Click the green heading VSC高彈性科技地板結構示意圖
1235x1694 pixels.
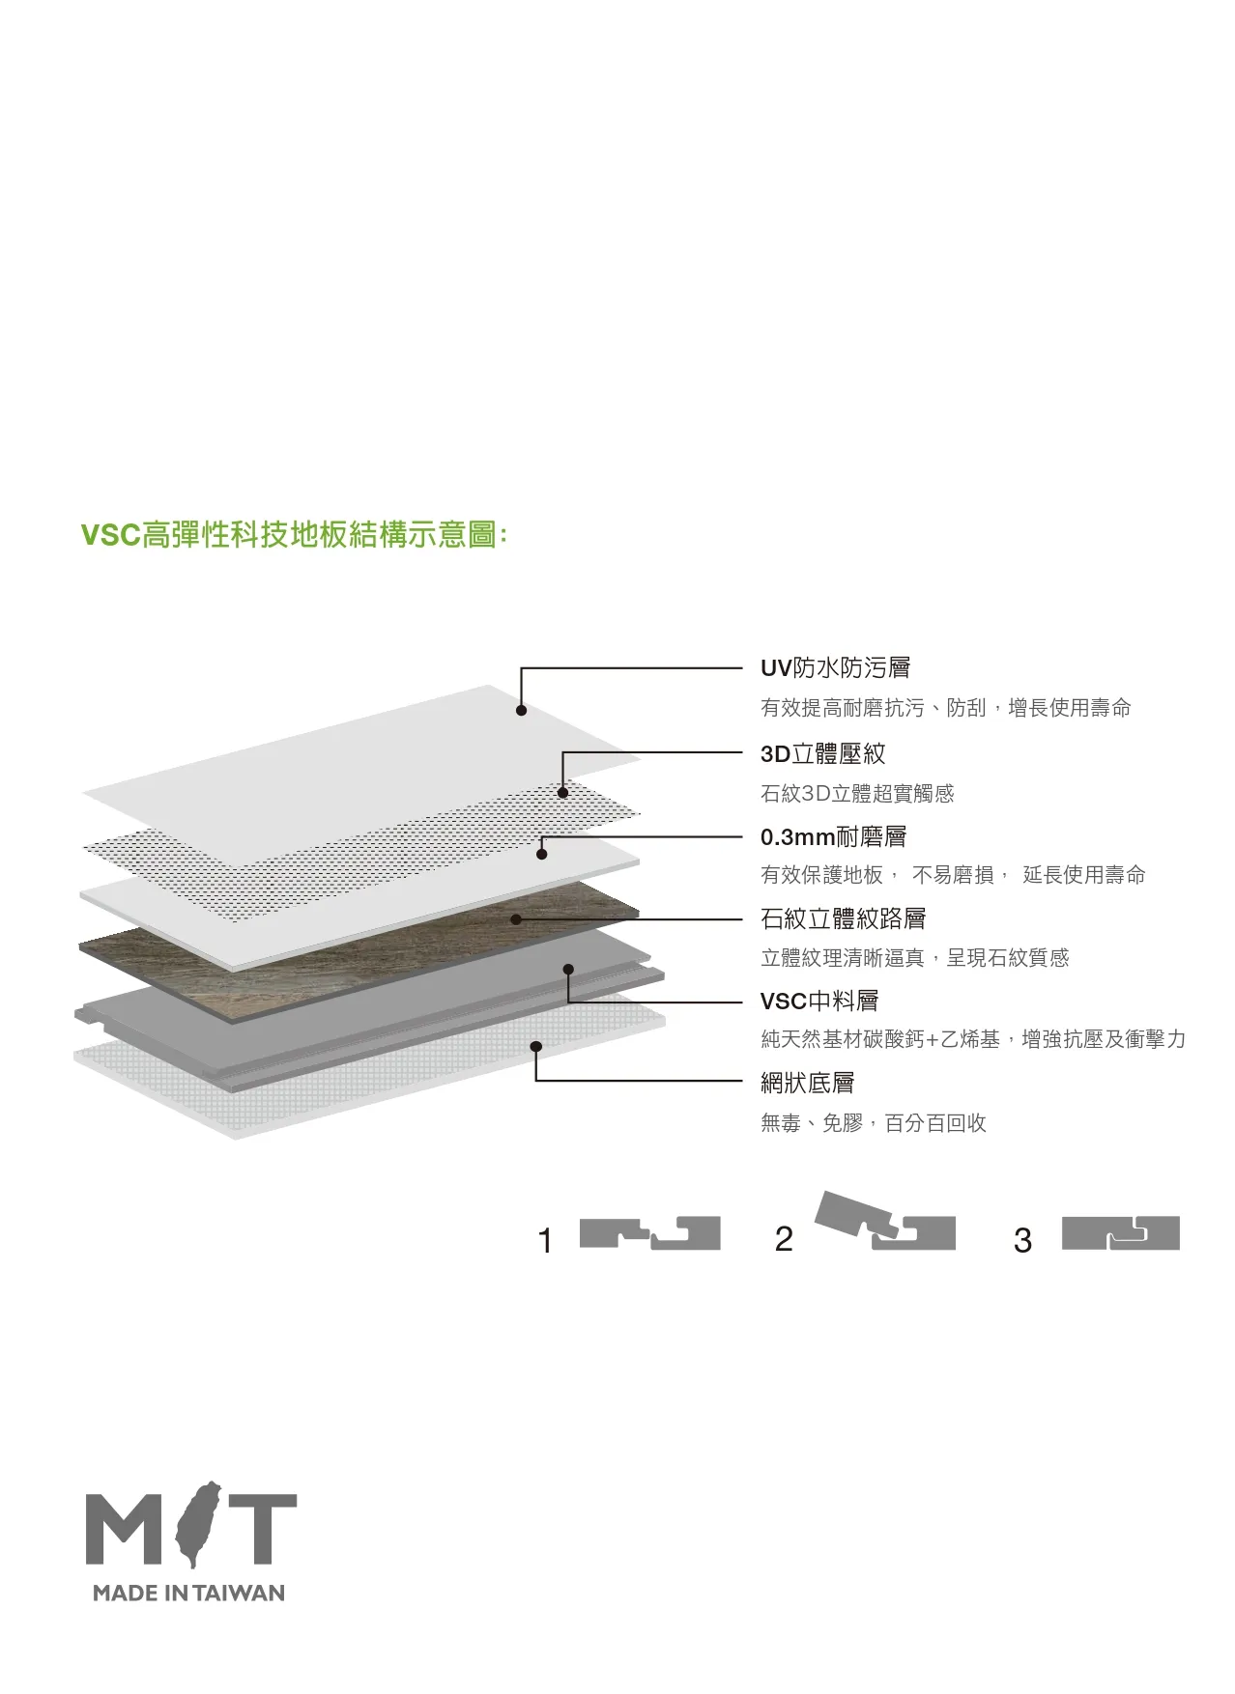click(x=294, y=534)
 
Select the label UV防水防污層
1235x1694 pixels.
click(x=835, y=667)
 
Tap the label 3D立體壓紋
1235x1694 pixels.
click(x=822, y=753)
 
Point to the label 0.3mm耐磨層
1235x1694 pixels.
click(x=833, y=836)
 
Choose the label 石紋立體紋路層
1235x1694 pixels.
click(x=843, y=918)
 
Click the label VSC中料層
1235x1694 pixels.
click(x=819, y=1001)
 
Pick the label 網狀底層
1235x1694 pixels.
click(x=807, y=1083)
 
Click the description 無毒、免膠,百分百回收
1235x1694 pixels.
click(x=874, y=1123)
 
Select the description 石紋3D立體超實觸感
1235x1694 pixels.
click(x=857, y=794)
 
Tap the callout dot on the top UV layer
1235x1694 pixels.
click(x=521, y=711)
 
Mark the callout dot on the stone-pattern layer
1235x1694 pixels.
click(x=516, y=919)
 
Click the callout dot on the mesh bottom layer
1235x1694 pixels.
click(x=536, y=1046)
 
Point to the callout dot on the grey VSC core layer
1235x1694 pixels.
click(x=568, y=970)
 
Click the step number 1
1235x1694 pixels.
click(x=545, y=1240)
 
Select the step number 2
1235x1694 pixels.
click(x=784, y=1239)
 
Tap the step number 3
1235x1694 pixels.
click(x=1022, y=1240)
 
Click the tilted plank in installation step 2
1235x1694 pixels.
click(x=850, y=1214)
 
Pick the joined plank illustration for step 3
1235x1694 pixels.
click(x=1121, y=1233)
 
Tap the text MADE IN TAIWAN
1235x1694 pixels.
click(x=189, y=1594)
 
